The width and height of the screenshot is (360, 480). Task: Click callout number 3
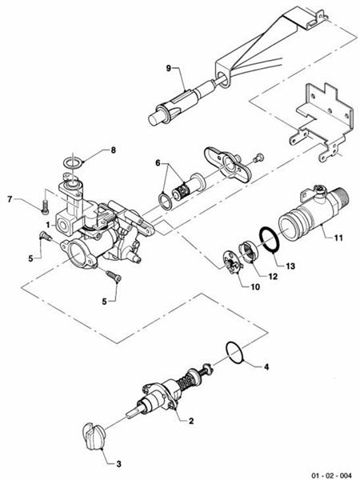click(x=119, y=463)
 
